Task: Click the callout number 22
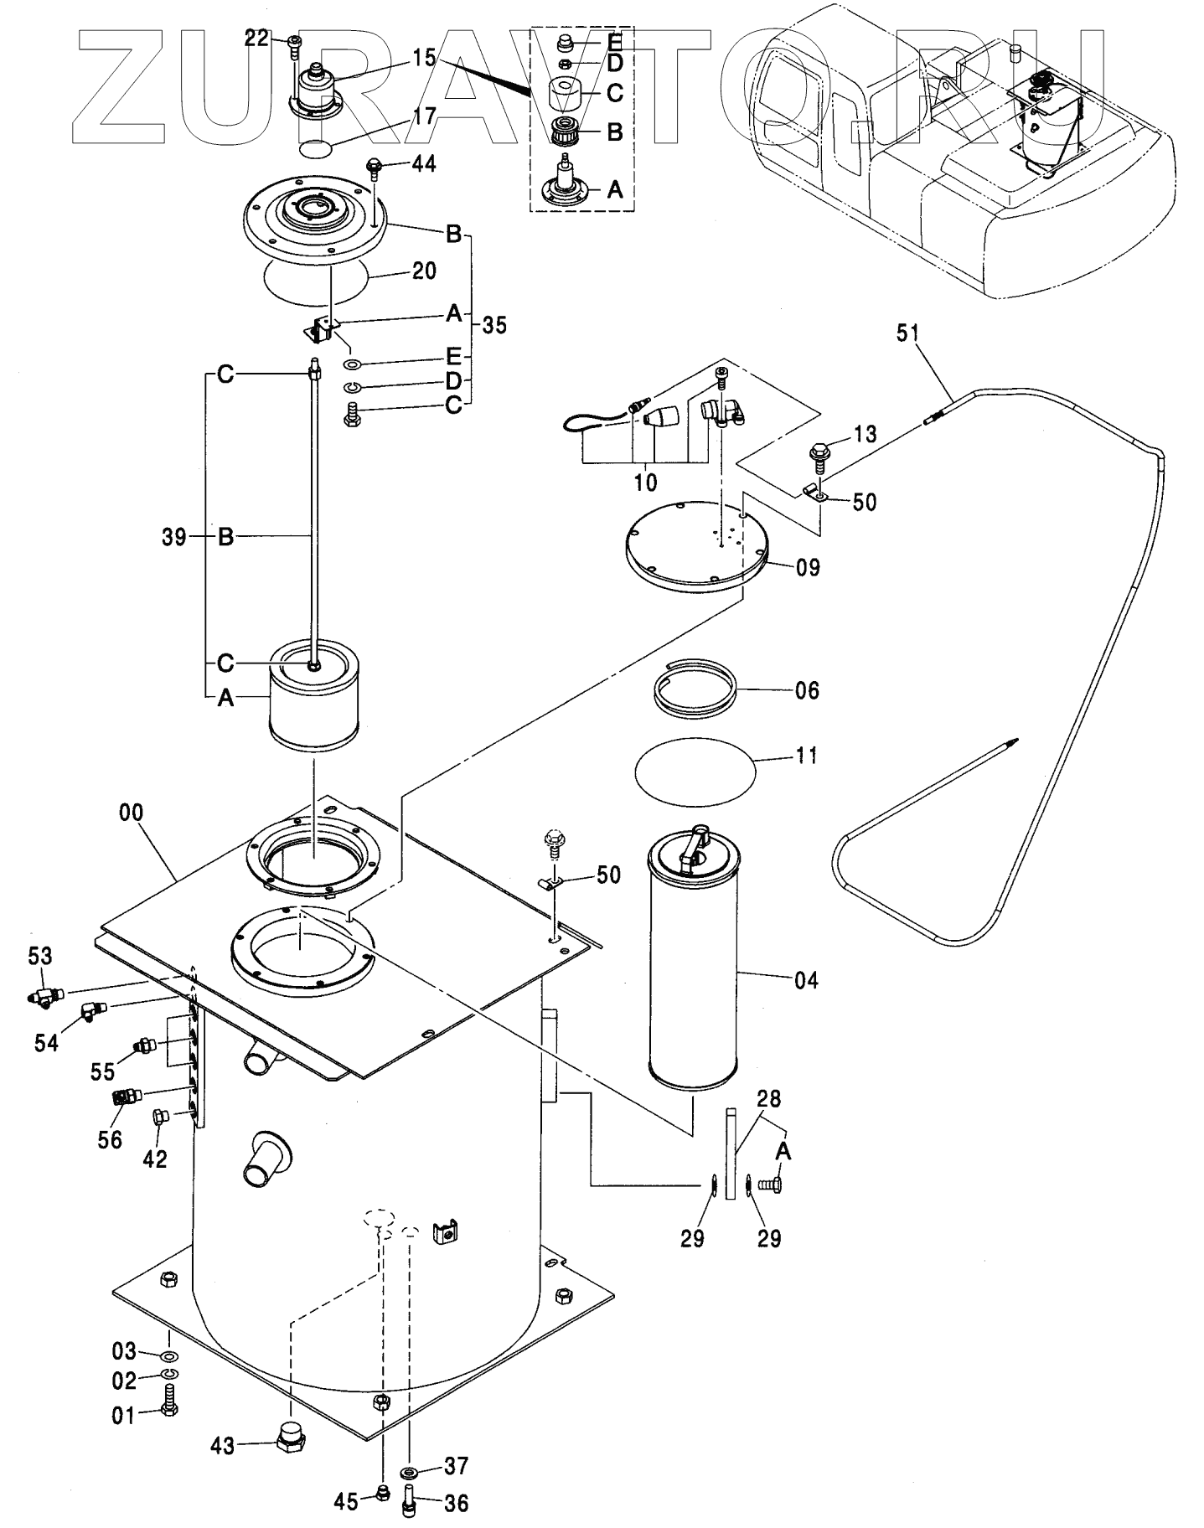click(256, 37)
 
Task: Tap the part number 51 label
click(907, 333)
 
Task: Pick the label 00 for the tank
click(132, 812)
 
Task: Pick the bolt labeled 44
click(374, 169)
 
